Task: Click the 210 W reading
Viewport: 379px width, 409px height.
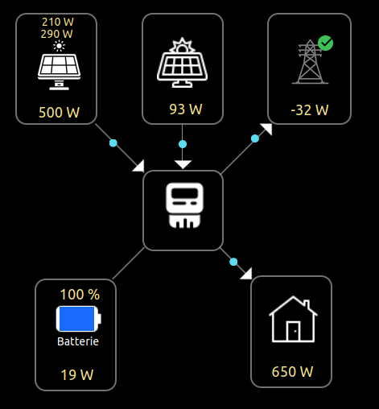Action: pyautogui.click(x=58, y=22)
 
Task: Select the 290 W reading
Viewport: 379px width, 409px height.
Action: pyautogui.click(x=57, y=34)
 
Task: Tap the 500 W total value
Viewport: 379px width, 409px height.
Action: pyautogui.click(x=60, y=112)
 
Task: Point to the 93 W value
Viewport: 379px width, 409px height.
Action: pyautogui.click(x=186, y=109)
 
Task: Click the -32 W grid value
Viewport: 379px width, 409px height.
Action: pyautogui.click(x=310, y=109)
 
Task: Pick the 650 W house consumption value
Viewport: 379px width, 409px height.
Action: pyautogui.click(x=292, y=372)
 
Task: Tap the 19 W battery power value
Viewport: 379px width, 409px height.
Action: pyautogui.click(x=77, y=374)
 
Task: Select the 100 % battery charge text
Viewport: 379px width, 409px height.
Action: pyautogui.click(x=80, y=295)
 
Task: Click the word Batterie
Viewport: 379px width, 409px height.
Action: pyautogui.click(x=78, y=341)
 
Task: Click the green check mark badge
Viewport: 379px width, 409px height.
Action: pyautogui.click(x=325, y=43)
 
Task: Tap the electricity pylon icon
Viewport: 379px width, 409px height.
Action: pyautogui.click(x=310, y=62)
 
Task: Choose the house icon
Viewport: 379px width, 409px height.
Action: pyautogui.click(x=293, y=319)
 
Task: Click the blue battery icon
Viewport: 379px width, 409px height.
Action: pyautogui.click(x=78, y=319)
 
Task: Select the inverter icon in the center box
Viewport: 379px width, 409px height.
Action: pyautogui.click(x=184, y=205)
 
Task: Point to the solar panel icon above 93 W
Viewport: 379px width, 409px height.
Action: pyautogui.click(x=182, y=63)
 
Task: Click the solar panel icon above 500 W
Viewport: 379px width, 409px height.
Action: pyautogui.click(x=59, y=72)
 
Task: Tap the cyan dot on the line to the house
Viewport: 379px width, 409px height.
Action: pyautogui.click(x=233, y=262)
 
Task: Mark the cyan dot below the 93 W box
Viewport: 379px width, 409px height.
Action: pyautogui.click(x=183, y=144)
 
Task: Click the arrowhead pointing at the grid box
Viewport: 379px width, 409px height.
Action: pyautogui.click(x=266, y=129)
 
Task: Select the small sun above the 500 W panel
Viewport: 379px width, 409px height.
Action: pyautogui.click(x=59, y=46)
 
